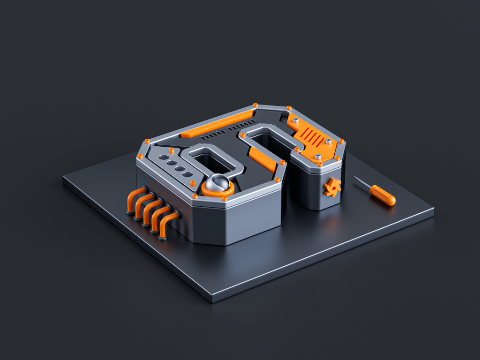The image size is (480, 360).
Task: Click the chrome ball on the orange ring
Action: click(x=218, y=182)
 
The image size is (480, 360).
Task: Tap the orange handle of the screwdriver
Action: click(x=383, y=195)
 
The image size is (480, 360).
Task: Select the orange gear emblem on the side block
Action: click(x=332, y=188)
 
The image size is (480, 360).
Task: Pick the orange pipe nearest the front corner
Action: click(x=167, y=225)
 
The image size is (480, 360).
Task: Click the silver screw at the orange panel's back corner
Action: click(x=295, y=120)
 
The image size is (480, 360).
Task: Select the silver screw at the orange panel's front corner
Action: click(x=318, y=157)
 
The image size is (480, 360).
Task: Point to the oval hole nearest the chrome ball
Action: click(x=187, y=174)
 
